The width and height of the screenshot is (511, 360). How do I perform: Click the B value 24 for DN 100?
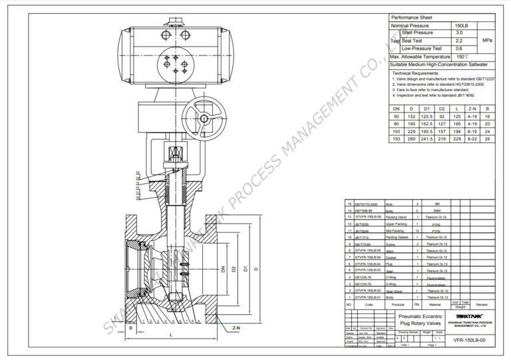(489, 131)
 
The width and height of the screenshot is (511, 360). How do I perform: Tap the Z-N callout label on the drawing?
(237, 328)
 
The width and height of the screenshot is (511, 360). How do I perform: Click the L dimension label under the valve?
(172, 335)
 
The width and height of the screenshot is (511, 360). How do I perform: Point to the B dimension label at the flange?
(130, 328)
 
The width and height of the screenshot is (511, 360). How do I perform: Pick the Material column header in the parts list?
(435, 304)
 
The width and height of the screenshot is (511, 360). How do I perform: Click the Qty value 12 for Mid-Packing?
(417, 230)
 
